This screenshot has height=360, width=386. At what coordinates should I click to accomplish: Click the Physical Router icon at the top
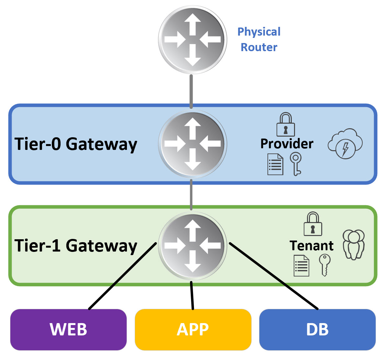tap(192, 39)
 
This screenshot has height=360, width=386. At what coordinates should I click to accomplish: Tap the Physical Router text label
tap(259, 39)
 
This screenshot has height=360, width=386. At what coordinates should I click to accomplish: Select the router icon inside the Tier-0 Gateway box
tap(192, 144)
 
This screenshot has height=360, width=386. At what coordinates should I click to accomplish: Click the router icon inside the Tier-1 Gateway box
tap(192, 246)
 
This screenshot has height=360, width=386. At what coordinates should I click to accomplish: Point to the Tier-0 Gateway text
tap(76, 144)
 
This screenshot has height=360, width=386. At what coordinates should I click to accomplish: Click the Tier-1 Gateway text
tap(76, 246)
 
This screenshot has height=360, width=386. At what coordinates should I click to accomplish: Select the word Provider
tap(287, 144)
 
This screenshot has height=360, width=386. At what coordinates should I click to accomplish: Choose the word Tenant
tap(311, 246)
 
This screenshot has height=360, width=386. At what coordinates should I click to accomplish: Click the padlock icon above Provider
tap(286, 125)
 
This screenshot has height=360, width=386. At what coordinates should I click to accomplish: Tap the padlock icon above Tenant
tap(313, 224)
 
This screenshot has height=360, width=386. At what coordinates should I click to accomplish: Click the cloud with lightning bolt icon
tap(345, 144)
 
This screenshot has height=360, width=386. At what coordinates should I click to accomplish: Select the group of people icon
tap(354, 244)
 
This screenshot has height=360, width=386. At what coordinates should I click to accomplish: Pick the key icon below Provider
tap(296, 164)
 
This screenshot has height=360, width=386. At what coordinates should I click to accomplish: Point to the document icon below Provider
tap(275, 164)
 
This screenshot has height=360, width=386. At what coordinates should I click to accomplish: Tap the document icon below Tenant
tap(301, 266)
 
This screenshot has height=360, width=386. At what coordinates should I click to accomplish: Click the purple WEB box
tap(68, 330)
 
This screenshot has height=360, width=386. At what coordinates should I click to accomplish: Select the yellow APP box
tap(193, 330)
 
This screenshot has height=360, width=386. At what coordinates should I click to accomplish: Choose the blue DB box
tap(317, 330)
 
